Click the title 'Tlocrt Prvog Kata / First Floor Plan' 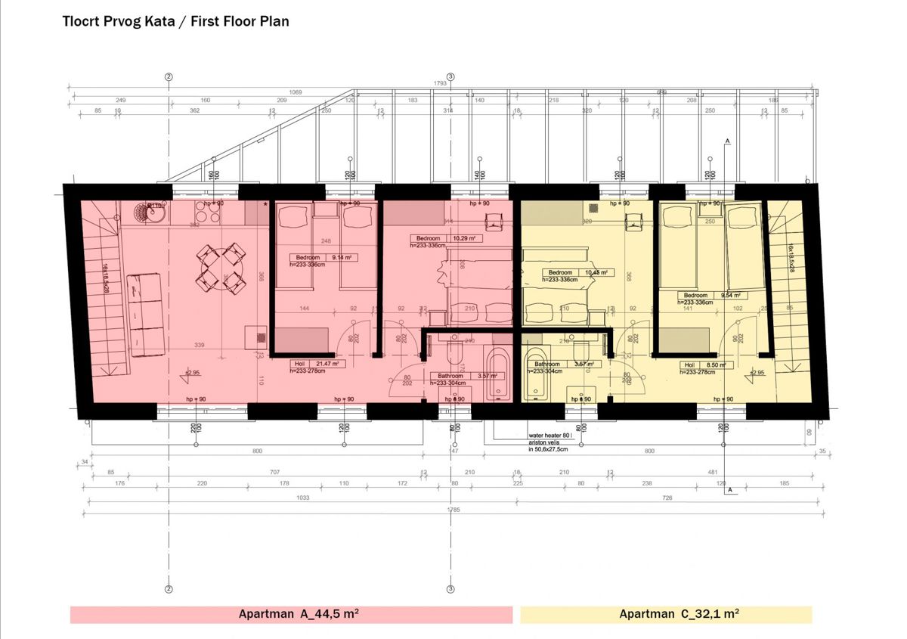click(175, 21)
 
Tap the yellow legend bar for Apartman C click(665, 614)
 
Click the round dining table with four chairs click(221, 268)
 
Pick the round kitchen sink click(152, 212)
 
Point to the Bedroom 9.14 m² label click(323, 257)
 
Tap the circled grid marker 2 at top click(169, 76)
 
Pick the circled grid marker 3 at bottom click(450, 589)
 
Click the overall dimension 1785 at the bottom click(453, 510)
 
